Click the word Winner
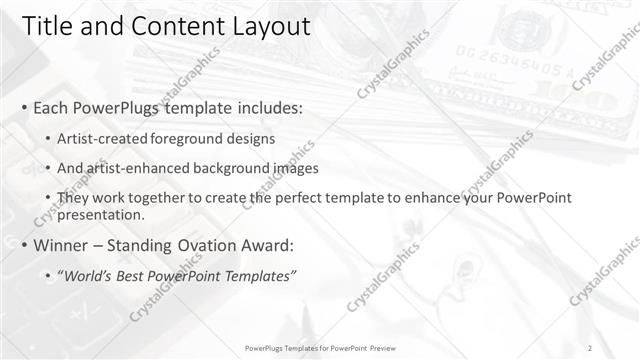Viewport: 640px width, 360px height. (x=64, y=245)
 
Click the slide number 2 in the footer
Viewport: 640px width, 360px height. (x=590, y=347)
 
